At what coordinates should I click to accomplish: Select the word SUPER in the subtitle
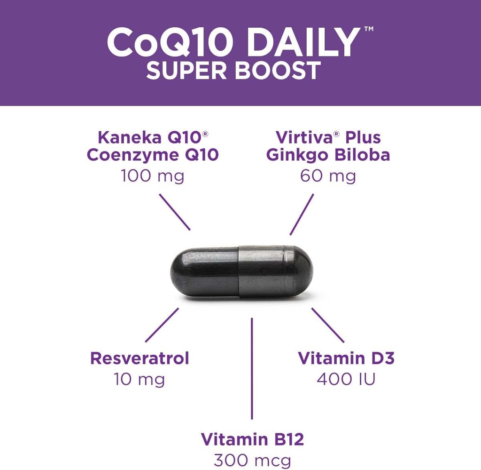point(186,71)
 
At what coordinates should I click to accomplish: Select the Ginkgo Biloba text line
point(328,155)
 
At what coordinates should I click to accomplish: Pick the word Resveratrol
point(140,358)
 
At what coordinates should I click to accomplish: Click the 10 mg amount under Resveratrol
point(140,379)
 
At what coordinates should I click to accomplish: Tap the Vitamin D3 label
point(346,358)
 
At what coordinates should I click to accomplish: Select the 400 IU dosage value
point(346,379)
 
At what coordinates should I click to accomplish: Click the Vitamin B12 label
point(252,439)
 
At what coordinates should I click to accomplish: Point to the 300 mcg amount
point(252,460)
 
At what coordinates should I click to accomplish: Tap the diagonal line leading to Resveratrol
point(162,325)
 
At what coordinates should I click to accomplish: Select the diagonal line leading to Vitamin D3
point(328,325)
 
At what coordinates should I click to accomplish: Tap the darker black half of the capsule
point(204,272)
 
